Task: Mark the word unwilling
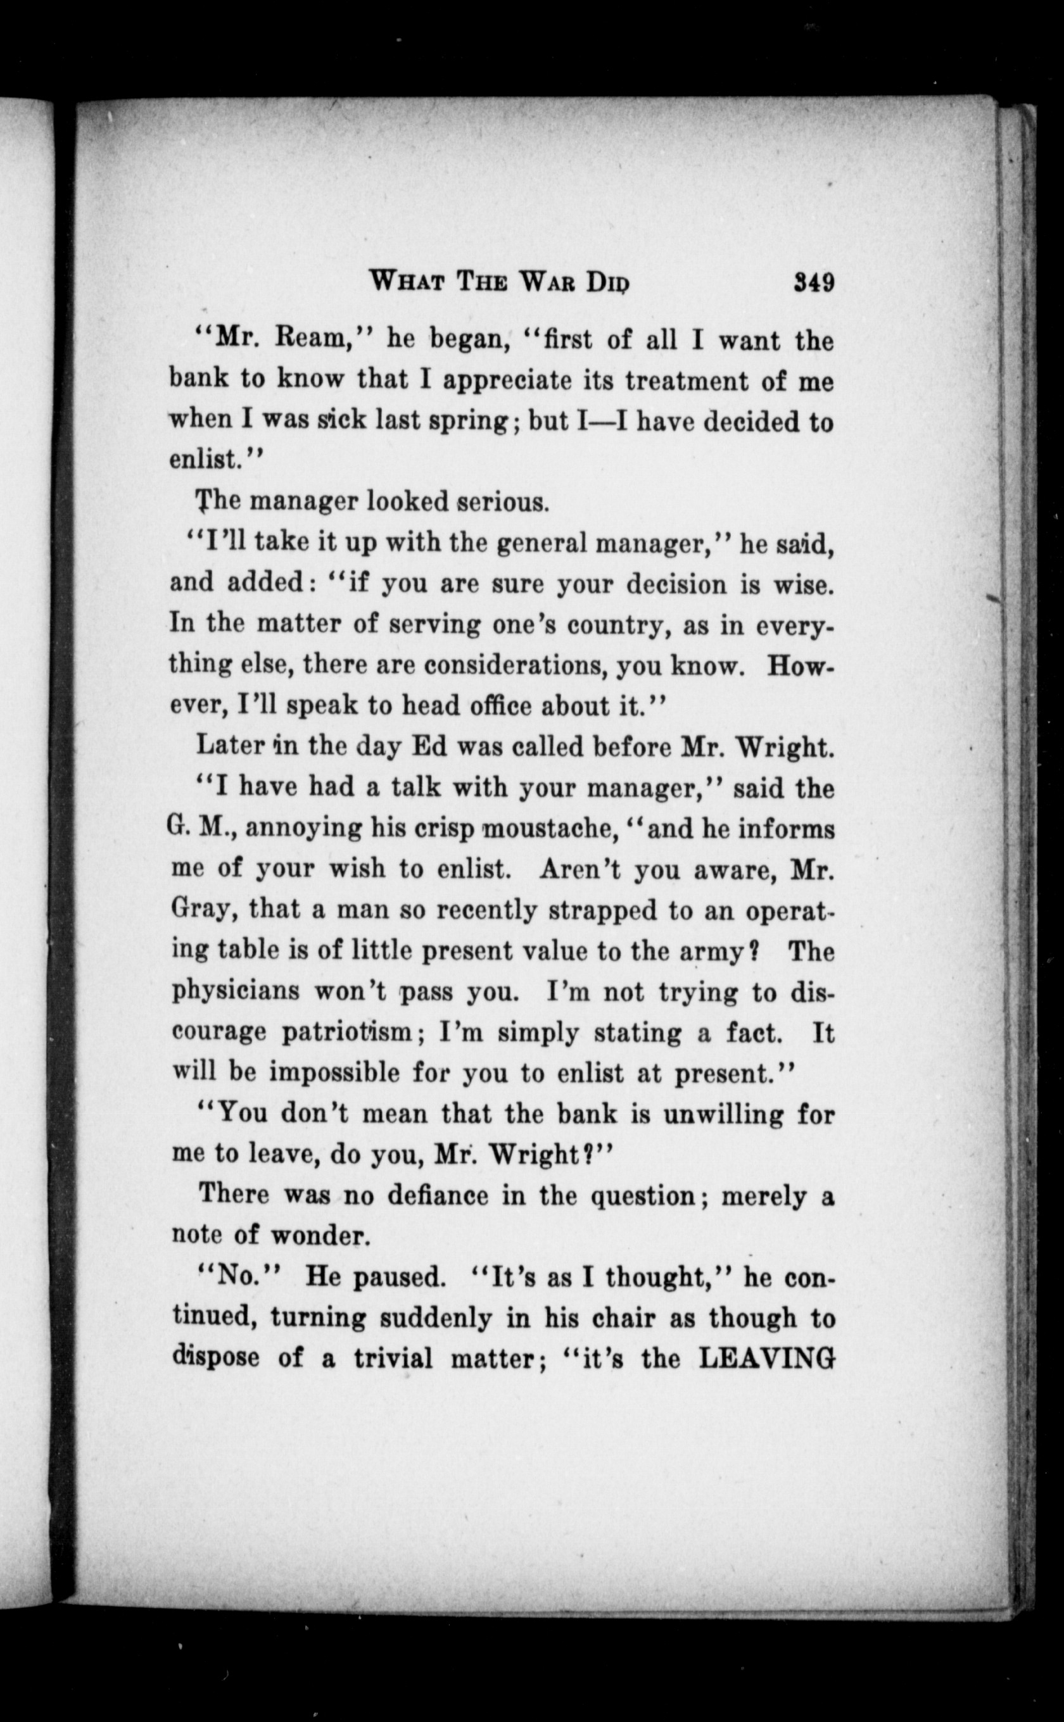click(709, 1115)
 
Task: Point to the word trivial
click(393, 1359)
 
